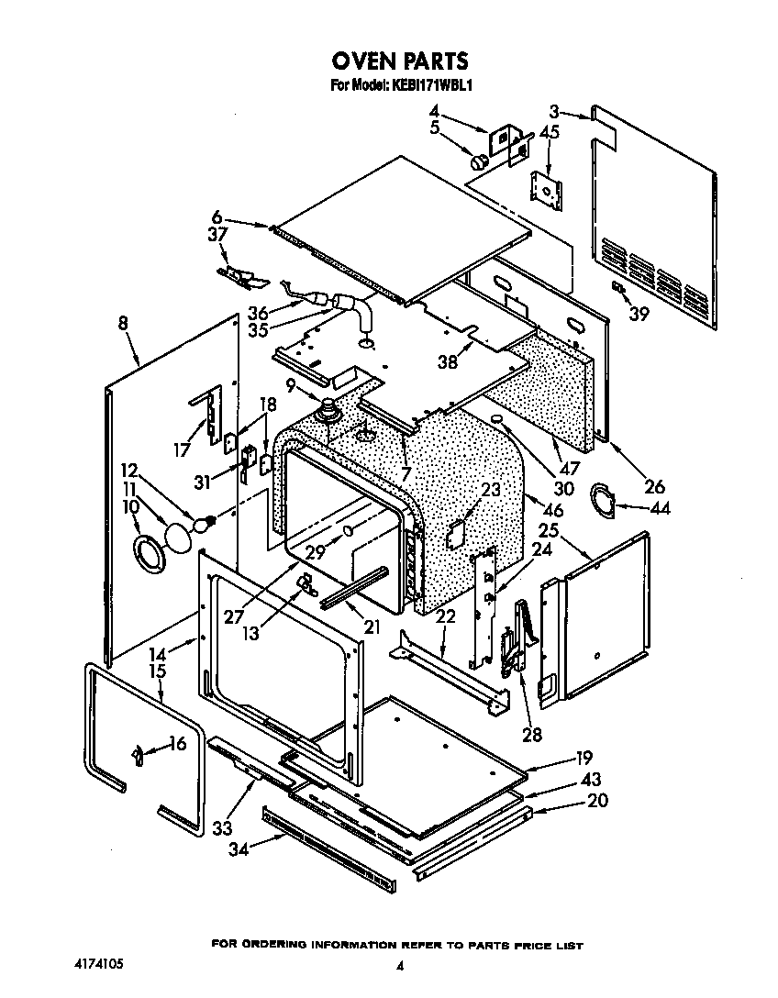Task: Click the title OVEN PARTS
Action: click(x=399, y=61)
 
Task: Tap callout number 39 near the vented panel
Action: click(x=639, y=315)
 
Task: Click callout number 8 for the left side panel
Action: click(x=124, y=322)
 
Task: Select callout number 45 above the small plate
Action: click(x=549, y=132)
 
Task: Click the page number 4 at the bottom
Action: click(x=400, y=966)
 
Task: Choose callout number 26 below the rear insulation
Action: click(x=654, y=487)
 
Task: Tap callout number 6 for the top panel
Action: click(x=217, y=217)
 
